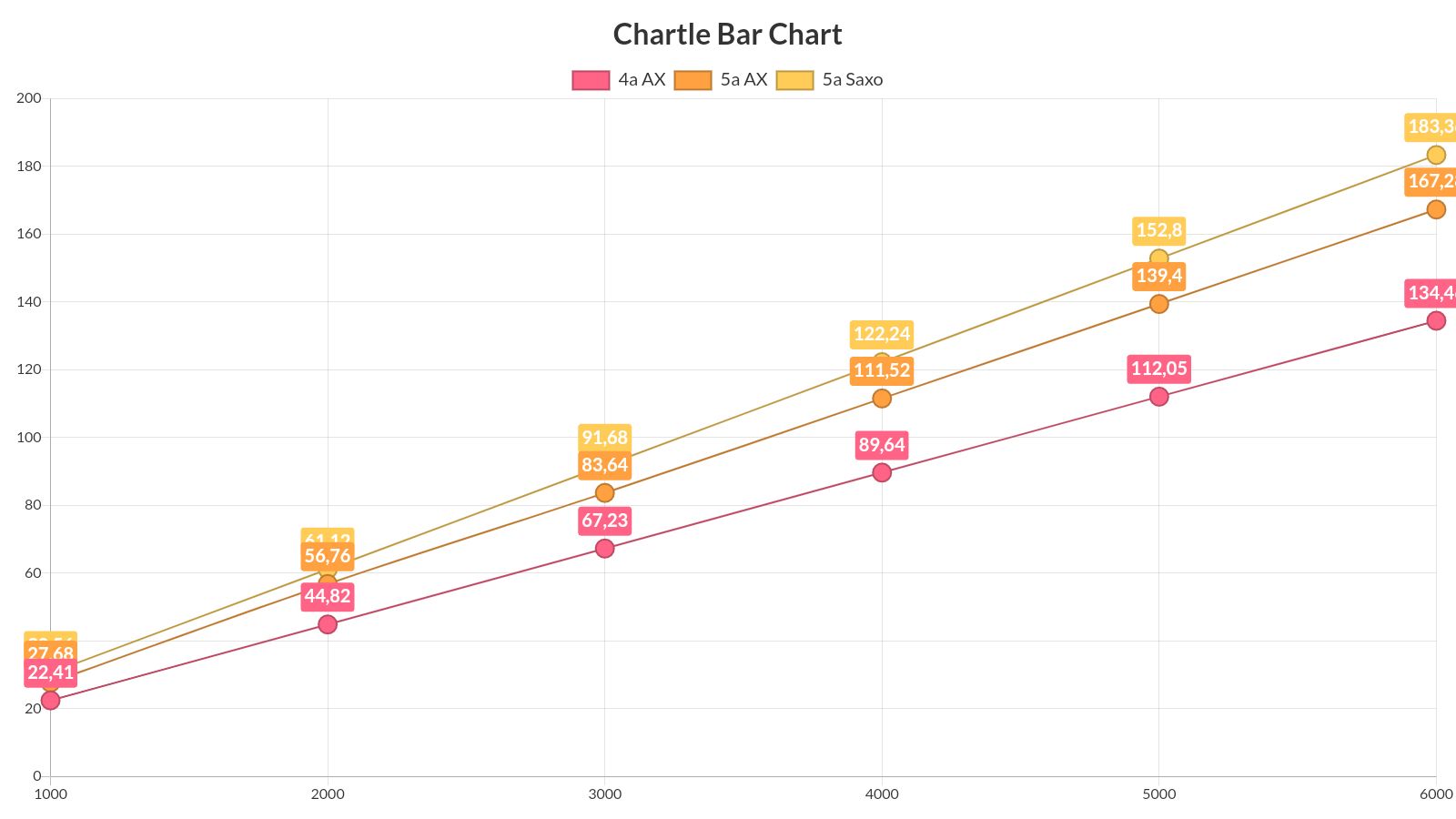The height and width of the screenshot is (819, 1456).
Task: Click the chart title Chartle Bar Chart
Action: pos(727,35)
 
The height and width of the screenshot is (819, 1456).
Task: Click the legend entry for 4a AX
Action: pos(619,80)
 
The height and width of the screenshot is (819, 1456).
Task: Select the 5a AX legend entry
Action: pos(721,80)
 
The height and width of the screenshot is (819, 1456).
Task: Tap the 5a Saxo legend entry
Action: pos(829,80)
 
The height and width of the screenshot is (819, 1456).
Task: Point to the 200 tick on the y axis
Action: pos(29,98)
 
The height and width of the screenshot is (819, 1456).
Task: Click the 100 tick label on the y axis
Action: pos(29,437)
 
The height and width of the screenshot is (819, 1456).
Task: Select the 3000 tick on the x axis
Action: pos(604,794)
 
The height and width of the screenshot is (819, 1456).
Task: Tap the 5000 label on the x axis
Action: pos(1158,794)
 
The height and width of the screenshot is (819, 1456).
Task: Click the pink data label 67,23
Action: pos(604,521)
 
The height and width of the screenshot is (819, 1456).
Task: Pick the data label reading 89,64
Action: pos(882,445)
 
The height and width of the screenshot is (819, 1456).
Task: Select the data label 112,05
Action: pos(1158,369)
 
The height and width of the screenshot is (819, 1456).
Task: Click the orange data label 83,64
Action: pos(604,465)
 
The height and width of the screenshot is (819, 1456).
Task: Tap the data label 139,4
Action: pos(1158,276)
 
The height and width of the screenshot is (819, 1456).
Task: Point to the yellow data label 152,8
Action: pos(1158,230)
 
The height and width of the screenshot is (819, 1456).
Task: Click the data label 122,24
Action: pos(882,334)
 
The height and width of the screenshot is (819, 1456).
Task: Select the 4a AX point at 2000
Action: pos(328,624)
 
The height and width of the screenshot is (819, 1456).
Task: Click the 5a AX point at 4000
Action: pos(882,399)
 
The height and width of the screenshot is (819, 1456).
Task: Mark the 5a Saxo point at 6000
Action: pos(1436,155)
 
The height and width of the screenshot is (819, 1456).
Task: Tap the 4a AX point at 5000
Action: pos(1158,397)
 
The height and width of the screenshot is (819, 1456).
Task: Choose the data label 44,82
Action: pos(328,596)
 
